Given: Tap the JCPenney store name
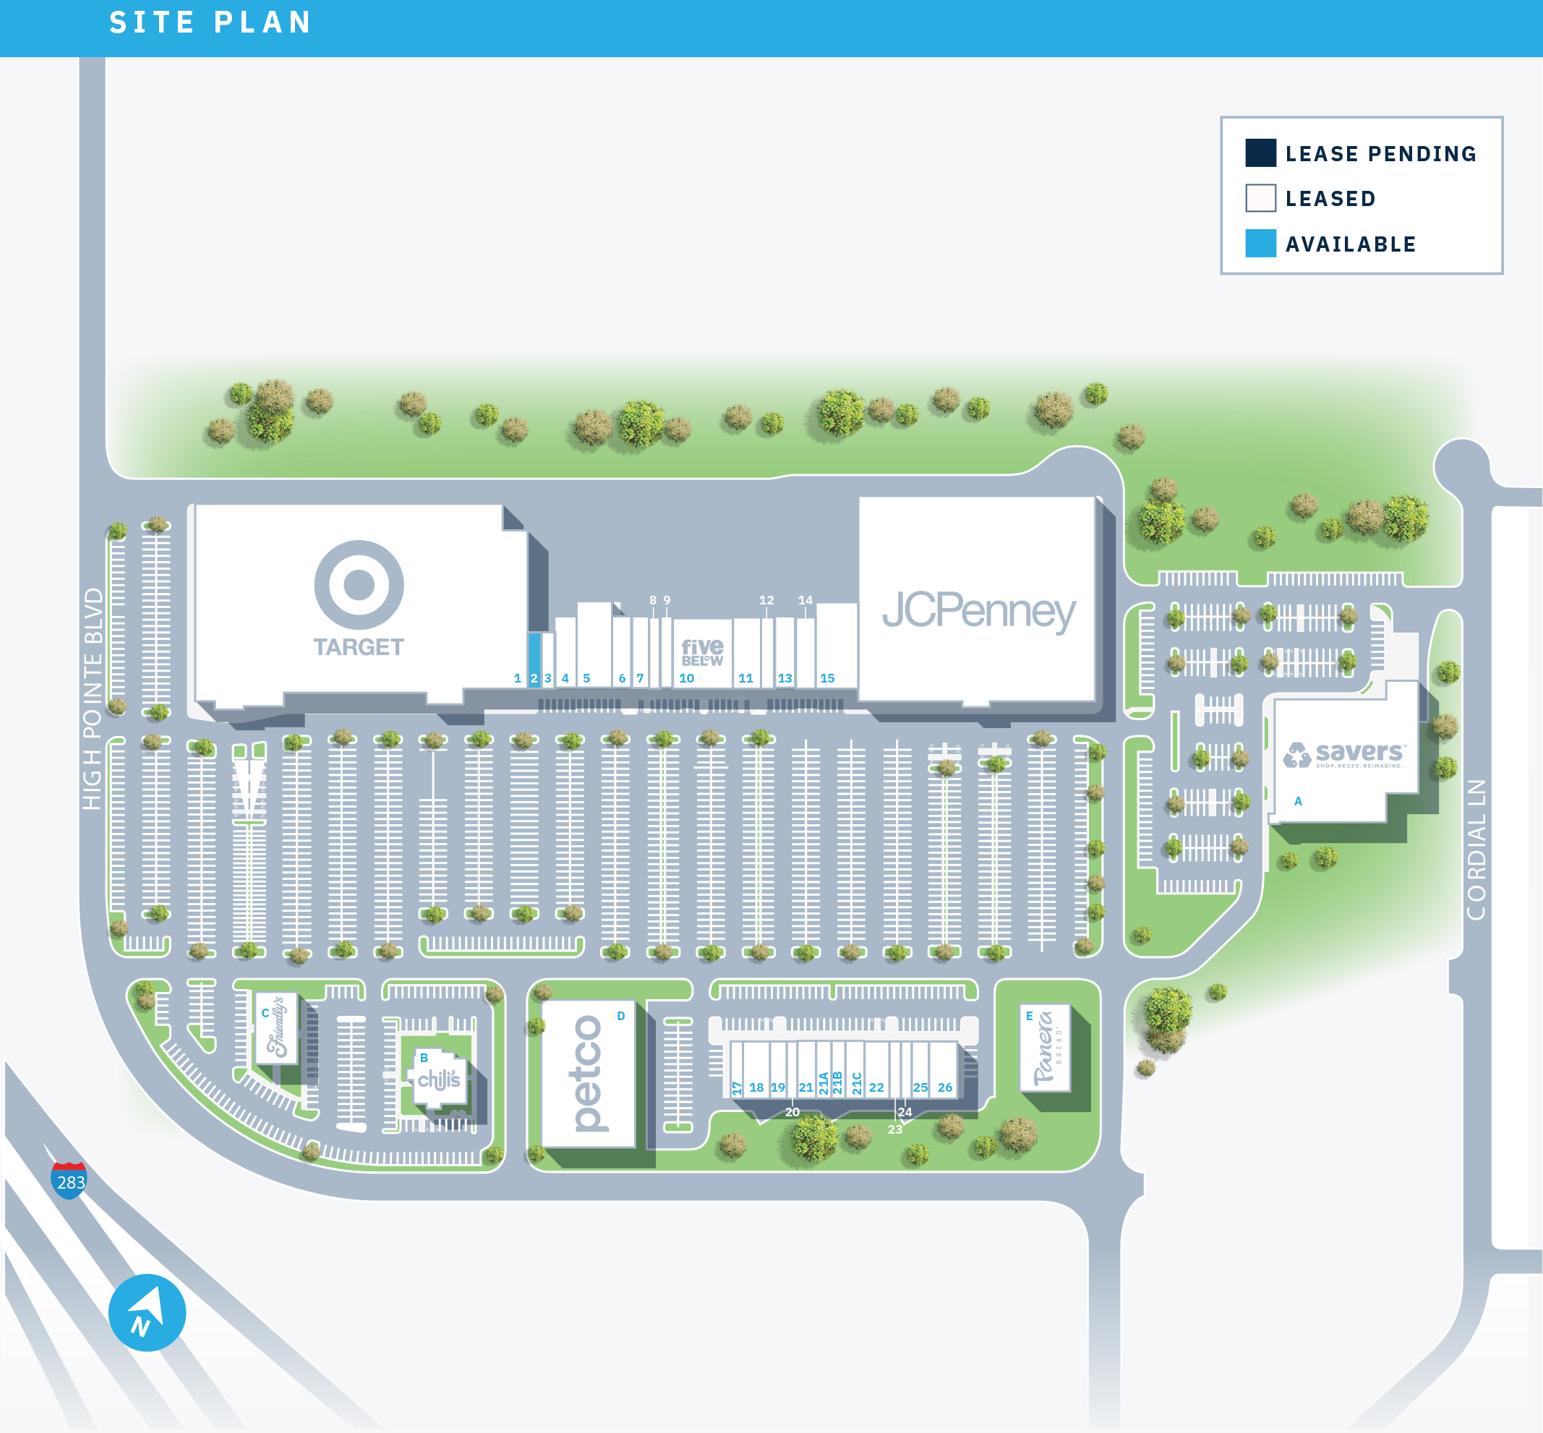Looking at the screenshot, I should (x=978, y=610).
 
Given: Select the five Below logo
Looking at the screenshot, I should (x=701, y=651).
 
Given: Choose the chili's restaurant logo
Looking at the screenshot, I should (x=439, y=1079).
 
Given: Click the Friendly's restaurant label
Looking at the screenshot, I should (x=277, y=1027).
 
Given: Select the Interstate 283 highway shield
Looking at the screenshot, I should (x=69, y=1180).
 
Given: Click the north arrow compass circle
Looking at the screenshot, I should (x=147, y=1313).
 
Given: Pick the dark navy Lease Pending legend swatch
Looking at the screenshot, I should (x=1260, y=153).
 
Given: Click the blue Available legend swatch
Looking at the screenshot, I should (x=1260, y=244).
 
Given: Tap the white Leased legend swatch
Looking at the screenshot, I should (x=1260, y=197).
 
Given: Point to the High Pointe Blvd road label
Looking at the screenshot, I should (x=93, y=698).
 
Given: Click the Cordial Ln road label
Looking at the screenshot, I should (x=1476, y=849).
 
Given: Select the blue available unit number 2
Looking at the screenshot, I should (x=534, y=677).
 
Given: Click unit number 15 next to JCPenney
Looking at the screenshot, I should (x=827, y=677).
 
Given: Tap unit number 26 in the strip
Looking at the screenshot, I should (x=944, y=1087).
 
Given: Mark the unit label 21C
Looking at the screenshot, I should (x=857, y=1082).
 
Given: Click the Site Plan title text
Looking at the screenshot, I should (x=210, y=22).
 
